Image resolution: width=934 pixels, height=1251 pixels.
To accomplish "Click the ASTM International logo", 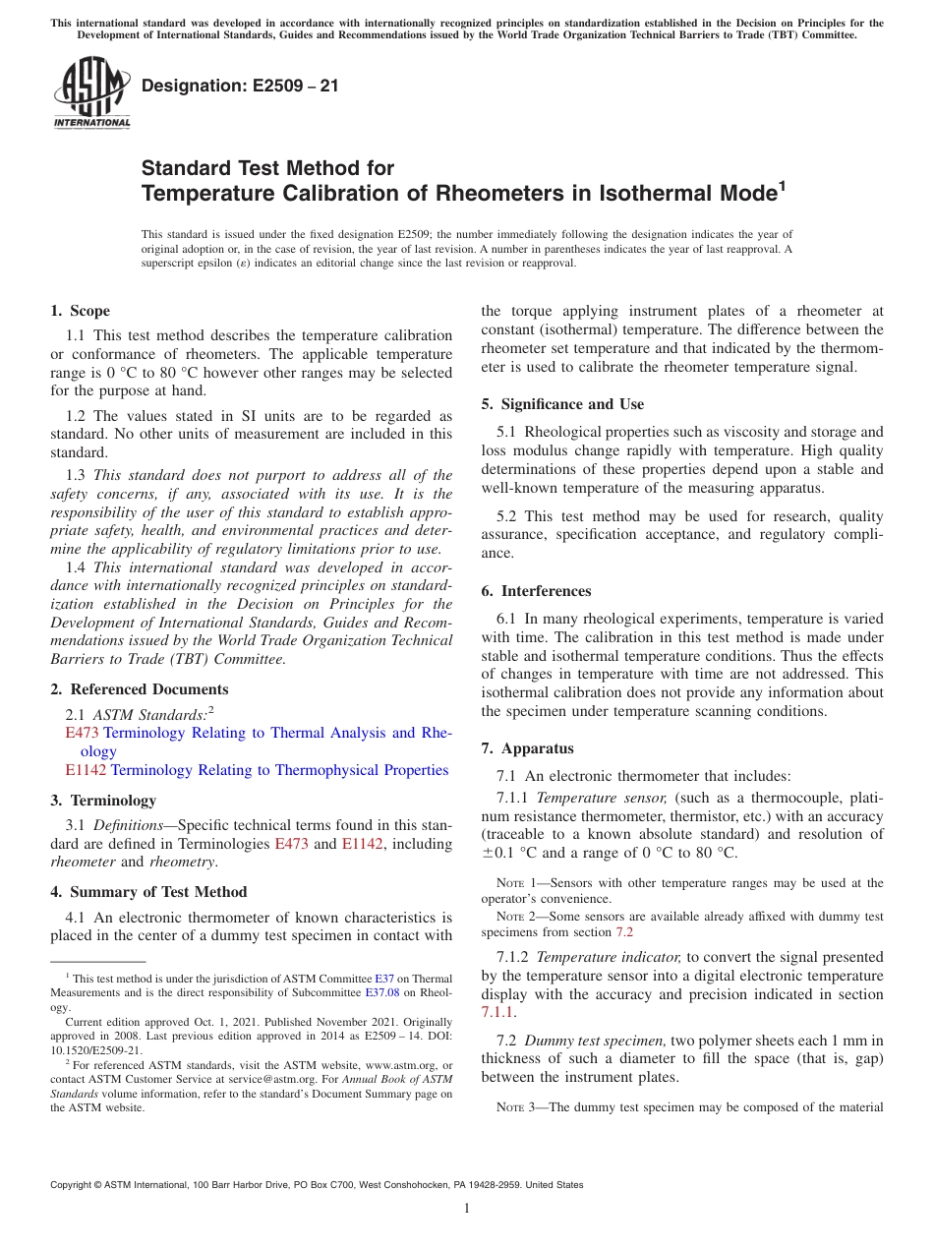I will [91, 93].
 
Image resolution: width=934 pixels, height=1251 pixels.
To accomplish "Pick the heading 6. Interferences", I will [536, 591].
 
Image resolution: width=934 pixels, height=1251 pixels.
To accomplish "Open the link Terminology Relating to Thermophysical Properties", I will [279, 770].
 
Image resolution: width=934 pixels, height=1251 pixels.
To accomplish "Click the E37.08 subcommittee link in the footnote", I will [384, 993].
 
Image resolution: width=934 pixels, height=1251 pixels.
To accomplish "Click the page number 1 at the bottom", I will [467, 1209].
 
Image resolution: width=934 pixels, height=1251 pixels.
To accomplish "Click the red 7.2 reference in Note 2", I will [624, 931].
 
